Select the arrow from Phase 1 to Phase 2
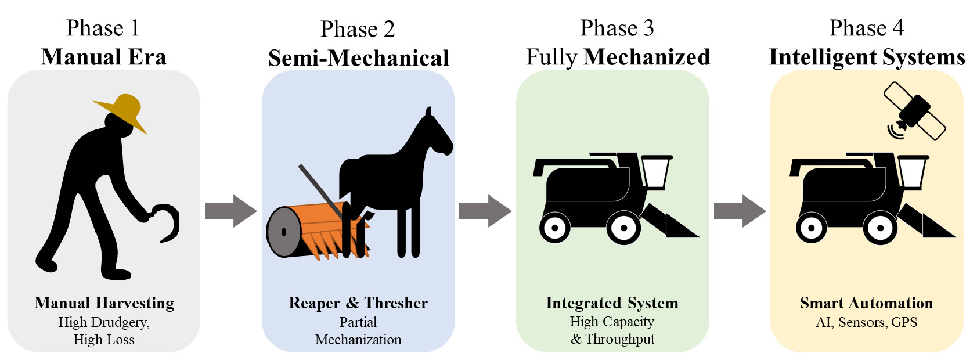tap(230, 211)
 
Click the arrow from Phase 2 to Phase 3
tap(485, 211)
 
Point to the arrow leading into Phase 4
tap(740, 211)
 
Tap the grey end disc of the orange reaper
tap(283, 232)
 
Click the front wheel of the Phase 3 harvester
tap(623, 228)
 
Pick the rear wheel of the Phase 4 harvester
tap(811, 227)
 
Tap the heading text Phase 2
tap(358, 29)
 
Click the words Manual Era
tap(104, 57)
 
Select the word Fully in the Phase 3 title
tap(551, 57)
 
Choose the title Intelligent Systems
tap(867, 57)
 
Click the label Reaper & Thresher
tap(358, 303)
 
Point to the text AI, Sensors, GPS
tap(866, 322)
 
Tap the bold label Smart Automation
tap(866, 303)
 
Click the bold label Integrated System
tap(612, 303)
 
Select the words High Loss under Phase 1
tap(104, 340)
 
